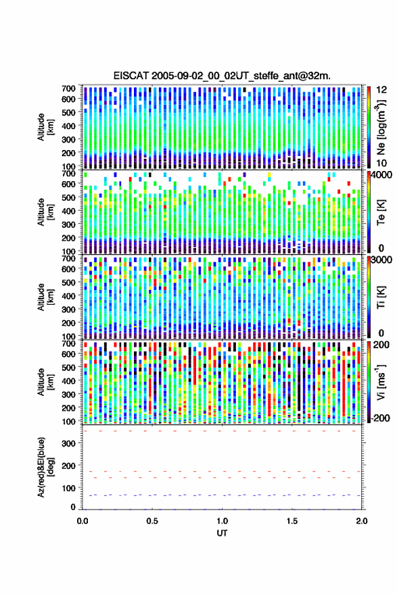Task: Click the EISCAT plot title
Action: click(x=222, y=76)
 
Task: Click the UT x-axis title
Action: click(x=222, y=533)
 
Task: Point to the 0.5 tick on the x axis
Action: click(x=152, y=521)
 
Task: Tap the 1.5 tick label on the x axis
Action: click(x=292, y=521)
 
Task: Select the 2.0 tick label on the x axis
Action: click(x=362, y=521)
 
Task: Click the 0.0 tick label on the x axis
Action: click(x=83, y=521)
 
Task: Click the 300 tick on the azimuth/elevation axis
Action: click(x=68, y=443)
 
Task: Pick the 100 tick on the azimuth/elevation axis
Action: click(x=68, y=489)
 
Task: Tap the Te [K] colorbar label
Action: click(x=381, y=212)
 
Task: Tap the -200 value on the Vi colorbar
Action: click(x=380, y=418)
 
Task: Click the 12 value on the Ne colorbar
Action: click(x=381, y=90)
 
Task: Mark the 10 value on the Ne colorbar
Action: click(x=381, y=164)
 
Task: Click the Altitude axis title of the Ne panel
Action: click(x=45, y=127)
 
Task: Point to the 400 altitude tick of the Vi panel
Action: click(x=68, y=380)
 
